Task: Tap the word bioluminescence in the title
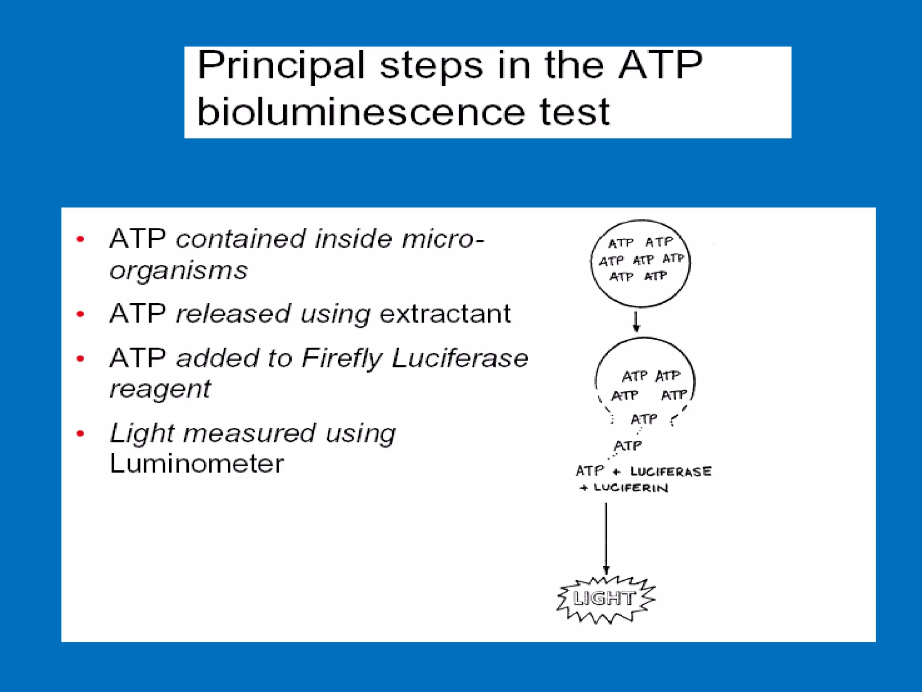pos(361,112)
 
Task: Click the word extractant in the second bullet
pos(445,314)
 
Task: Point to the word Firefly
pos(342,359)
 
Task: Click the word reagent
pos(160,390)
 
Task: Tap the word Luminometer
pos(197,464)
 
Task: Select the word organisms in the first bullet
pos(178,271)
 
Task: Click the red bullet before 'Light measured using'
pos(81,434)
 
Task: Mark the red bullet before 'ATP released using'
pos(81,314)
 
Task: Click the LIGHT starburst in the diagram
pos(605,599)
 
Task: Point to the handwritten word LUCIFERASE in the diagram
pos(670,472)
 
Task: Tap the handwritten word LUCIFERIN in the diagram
pos(631,488)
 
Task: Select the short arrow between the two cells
pos(636,322)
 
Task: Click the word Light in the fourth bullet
pos(141,433)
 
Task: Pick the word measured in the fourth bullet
pos(249,433)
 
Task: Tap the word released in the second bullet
pos(232,314)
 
